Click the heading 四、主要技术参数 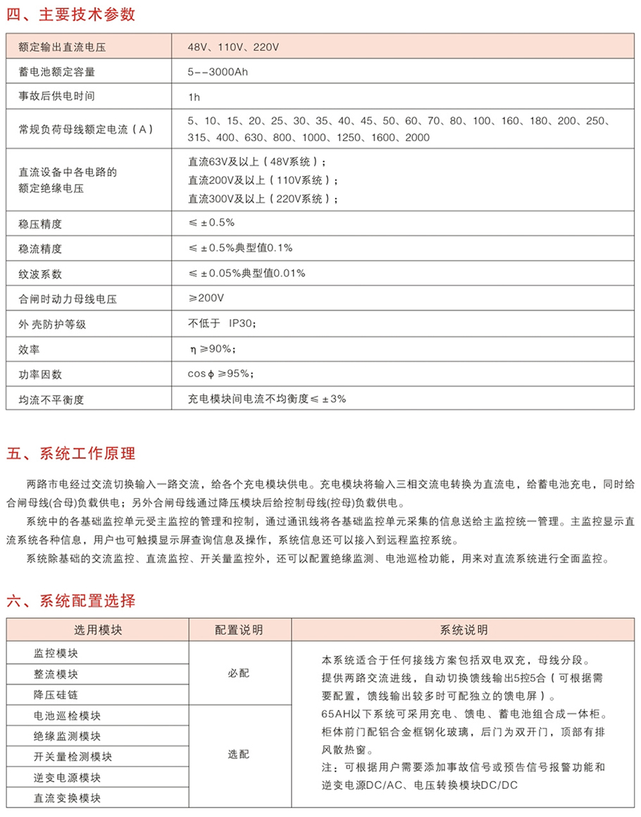pos(71,15)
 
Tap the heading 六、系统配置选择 pos(71,601)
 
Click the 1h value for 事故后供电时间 pos(194,95)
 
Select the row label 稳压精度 pos(41,224)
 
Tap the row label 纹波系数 pos(41,274)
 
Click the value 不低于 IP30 pos(222,324)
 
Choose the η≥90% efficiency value pos(211,348)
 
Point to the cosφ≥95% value pos(220,374)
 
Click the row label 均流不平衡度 pos(51,399)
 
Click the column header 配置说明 pos(239,629)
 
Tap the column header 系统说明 pos(463,629)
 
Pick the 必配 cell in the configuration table pos(239,673)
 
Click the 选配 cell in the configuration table pos(239,754)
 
